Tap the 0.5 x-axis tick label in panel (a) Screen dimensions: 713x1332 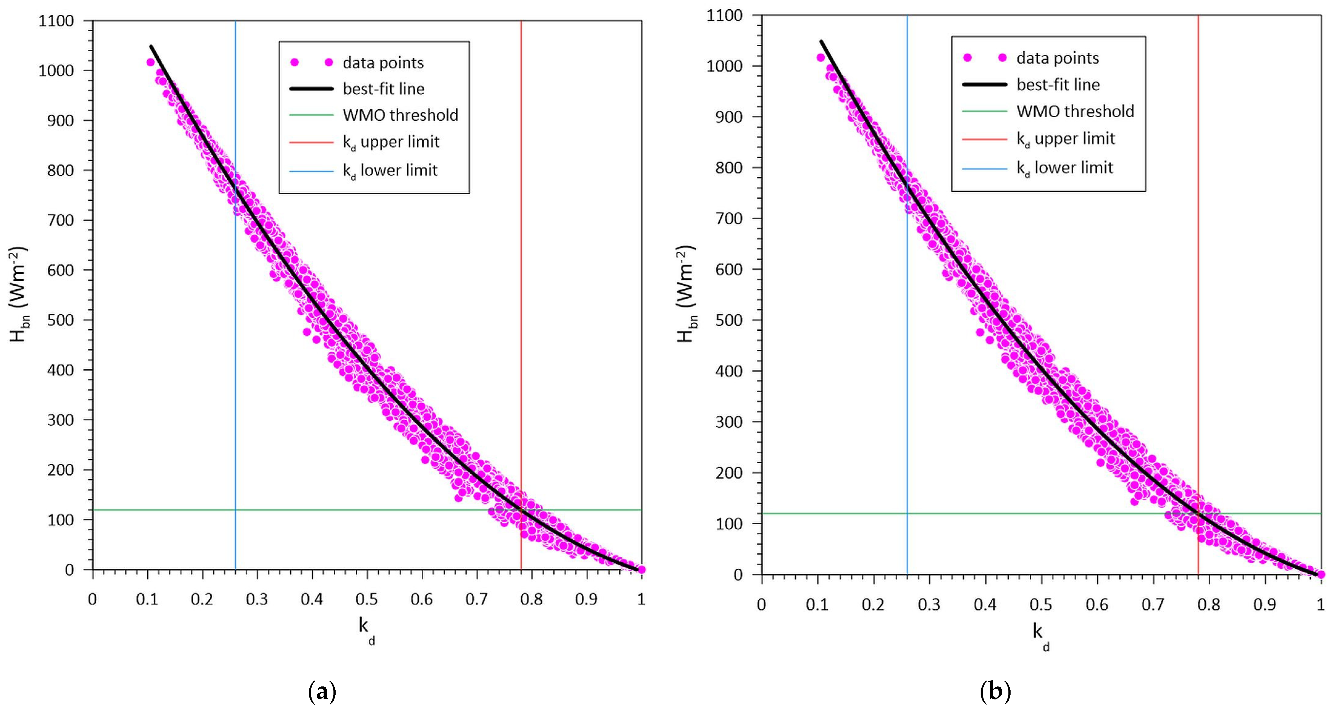click(x=366, y=599)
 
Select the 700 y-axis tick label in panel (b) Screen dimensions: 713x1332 click(x=729, y=219)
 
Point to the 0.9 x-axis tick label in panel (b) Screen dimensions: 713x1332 click(x=1265, y=604)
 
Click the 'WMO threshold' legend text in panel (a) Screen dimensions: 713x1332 click(x=400, y=115)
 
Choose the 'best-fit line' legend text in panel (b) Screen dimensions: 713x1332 click(x=1058, y=84)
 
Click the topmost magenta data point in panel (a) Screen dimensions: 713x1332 click(x=150, y=62)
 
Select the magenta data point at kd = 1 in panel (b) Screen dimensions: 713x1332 click(x=1321, y=574)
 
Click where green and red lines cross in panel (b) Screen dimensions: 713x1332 click(x=1198, y=514)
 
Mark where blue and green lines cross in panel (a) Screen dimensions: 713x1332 click(x=235, y=510)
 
